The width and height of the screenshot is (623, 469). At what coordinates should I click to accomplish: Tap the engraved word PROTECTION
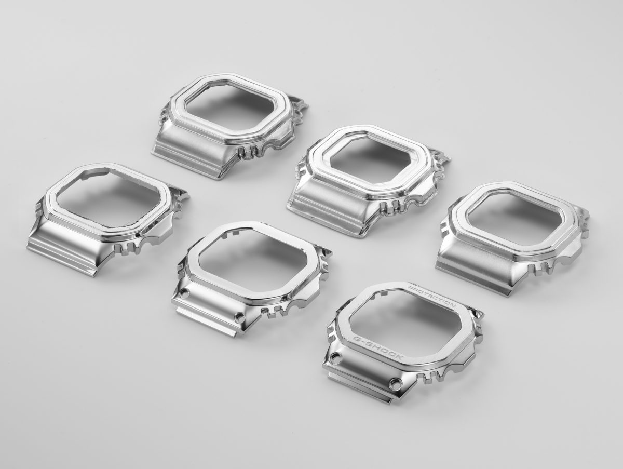pos(431,296)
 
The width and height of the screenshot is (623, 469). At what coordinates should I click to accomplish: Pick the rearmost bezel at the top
pos(231,125)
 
